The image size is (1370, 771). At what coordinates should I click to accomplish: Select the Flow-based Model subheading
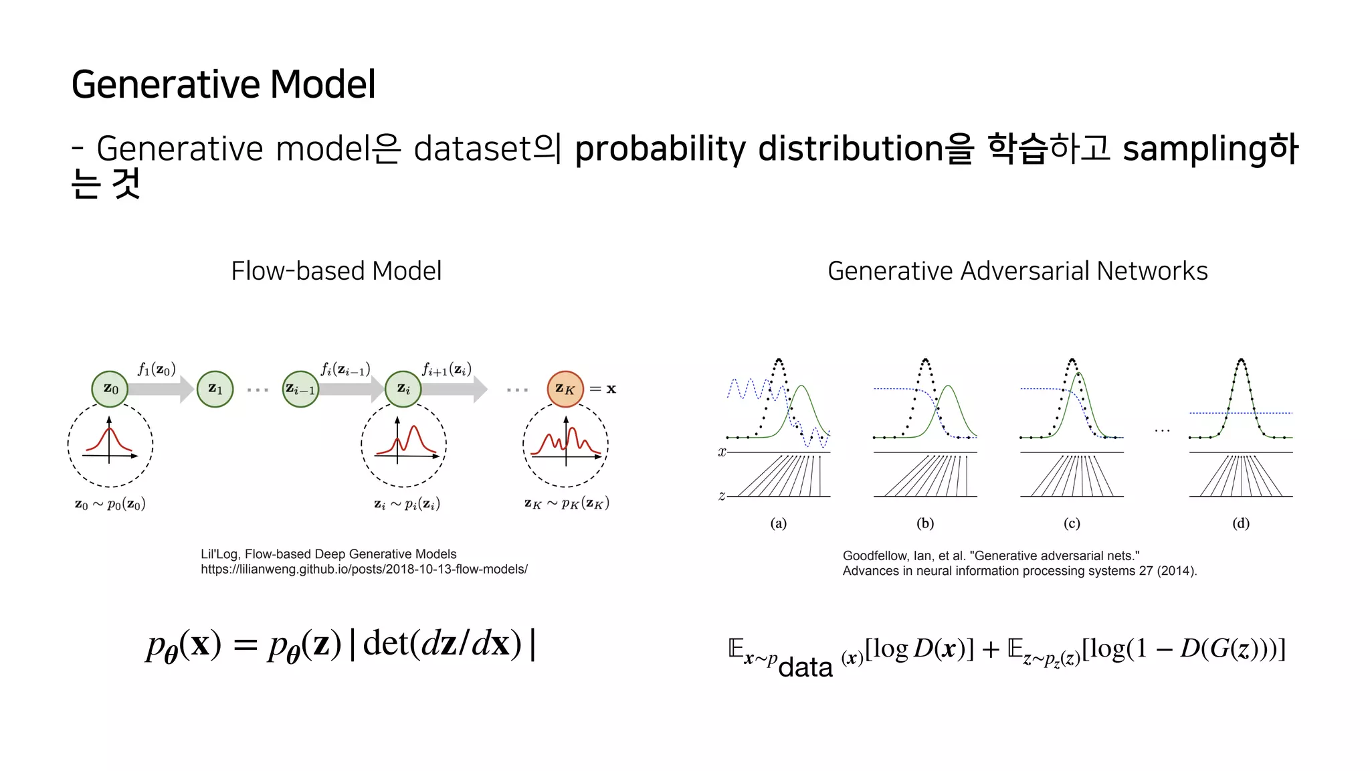[336, 271]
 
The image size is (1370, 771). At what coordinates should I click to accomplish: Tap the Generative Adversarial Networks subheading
[1017, 271]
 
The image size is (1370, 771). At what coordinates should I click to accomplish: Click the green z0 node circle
[110, 389]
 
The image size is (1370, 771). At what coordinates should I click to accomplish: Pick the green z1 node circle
[215, 389]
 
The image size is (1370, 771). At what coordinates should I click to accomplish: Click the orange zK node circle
[565, 389]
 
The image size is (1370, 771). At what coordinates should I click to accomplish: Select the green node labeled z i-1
[300, 389]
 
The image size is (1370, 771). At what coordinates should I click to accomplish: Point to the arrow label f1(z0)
[157, 369]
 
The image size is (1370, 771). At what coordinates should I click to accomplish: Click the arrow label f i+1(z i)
[446, 369]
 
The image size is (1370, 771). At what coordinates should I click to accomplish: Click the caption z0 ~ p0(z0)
[110, 504]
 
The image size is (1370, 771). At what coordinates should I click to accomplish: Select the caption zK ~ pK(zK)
[567, 503]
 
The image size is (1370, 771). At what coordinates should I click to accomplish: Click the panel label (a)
[778, 523]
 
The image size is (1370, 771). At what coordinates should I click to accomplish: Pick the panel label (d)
[1241, 523]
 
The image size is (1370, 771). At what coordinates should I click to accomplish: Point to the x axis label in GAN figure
[722, 452]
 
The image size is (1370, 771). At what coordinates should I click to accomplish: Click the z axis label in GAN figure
[722, 496]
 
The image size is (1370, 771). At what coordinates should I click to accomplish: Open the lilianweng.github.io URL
[364, 570]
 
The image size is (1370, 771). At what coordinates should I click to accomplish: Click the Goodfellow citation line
[991, 555]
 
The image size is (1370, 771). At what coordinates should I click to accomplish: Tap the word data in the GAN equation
[805, 667]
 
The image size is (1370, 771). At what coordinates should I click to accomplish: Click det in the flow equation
[385, 643]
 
